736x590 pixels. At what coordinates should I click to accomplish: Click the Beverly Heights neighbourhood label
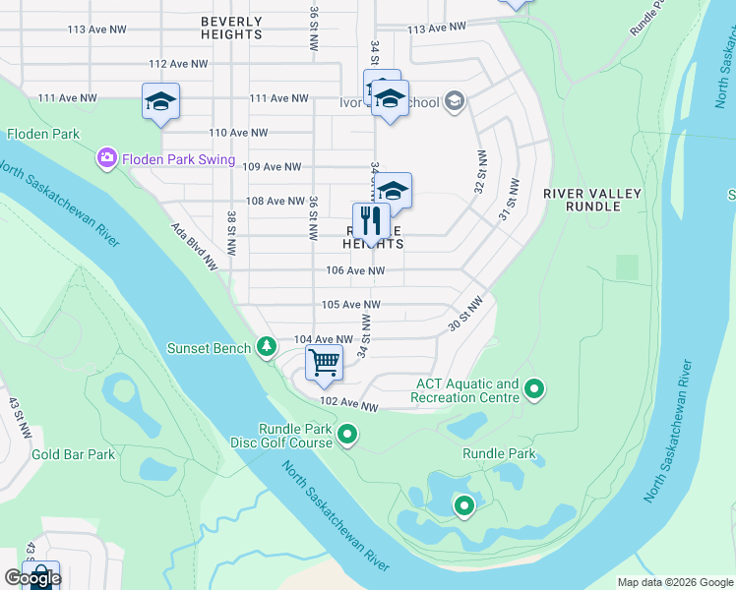(231, 28)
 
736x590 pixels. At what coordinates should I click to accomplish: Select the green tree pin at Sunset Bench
(266, 346)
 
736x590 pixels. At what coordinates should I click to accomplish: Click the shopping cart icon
(324, 363)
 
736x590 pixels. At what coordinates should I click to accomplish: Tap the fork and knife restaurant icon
(371, 221)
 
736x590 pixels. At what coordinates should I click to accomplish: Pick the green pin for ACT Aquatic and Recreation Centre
(534, 390)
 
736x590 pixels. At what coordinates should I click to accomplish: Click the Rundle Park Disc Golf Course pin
(347, 434)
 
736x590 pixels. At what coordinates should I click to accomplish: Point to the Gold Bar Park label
(73, 454)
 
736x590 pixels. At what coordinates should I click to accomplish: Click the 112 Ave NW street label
(178, 64)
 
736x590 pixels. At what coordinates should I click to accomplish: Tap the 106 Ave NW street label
(355, 270)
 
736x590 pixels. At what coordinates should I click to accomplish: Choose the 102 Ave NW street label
(349, 404)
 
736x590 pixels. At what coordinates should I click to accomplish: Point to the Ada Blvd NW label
(194, 246)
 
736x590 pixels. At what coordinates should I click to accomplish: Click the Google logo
(31, 578)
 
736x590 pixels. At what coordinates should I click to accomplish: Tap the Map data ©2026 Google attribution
(675, 582)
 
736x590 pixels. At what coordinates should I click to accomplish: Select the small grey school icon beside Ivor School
(454, 101)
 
